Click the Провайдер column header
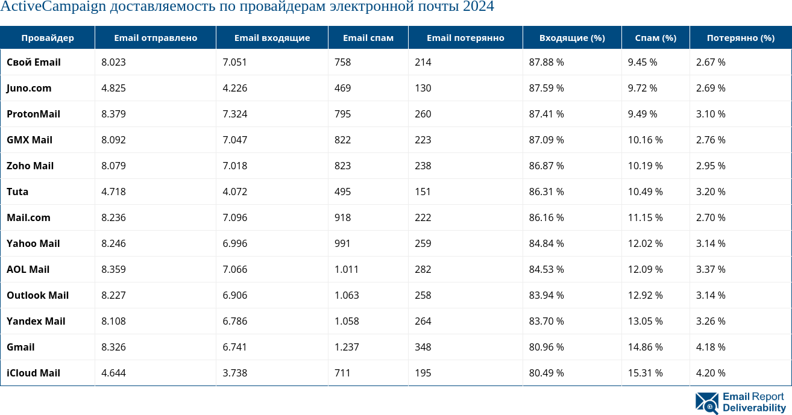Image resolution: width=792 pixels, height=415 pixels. pos(48,38)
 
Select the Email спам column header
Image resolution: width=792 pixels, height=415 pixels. pos(368,38)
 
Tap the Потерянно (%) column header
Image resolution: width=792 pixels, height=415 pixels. pos(740,38)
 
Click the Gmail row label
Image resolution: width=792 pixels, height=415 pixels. pos(20,347)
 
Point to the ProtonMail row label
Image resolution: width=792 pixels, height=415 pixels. pos(33,114)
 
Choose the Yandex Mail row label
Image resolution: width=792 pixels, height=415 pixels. pos(36,321)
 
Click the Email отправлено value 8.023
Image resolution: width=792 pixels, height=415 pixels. pos(113,62)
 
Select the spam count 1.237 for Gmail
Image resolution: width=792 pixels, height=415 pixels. pos(347,347)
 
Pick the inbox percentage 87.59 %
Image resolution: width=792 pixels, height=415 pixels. pos(546,88)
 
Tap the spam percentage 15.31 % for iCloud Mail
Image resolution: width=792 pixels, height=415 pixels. pos(645,373)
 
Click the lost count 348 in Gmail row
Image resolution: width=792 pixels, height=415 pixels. pos(423,347)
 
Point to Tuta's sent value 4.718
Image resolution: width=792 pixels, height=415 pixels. pos(113,192)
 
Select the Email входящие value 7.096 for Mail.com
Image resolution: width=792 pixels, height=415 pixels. pos(234,217)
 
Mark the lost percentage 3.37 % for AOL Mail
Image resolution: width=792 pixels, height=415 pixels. pos(711,269)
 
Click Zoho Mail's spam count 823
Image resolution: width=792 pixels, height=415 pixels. pos(342,166)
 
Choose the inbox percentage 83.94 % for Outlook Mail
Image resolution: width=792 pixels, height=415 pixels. pos(546,295)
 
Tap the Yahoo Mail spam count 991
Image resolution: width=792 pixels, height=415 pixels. pos(342,243)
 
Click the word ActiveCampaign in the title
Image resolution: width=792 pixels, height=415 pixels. pos(45,7)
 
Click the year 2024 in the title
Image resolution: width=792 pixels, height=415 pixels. pos(478,7)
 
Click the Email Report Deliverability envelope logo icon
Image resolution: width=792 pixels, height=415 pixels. pos(706,403)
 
